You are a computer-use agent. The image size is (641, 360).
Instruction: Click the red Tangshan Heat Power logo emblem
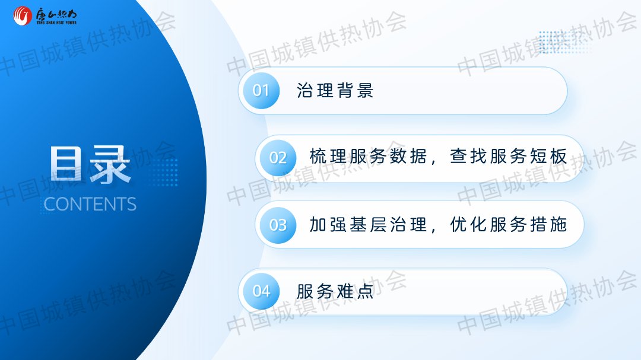[x=23, y=16]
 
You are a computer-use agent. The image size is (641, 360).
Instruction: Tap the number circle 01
[x=261, y=91]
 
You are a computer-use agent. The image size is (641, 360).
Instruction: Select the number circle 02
[x=278, y=158]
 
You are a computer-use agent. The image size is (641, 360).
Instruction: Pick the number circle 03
[x=278, y=225]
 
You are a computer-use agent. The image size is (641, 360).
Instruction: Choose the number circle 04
[x=261, y=291]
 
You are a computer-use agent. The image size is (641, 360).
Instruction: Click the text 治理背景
[x=335, y=91]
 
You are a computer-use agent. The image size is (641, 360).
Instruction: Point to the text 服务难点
[x=335, y=291]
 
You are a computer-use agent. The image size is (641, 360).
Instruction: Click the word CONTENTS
[x=90, y=204]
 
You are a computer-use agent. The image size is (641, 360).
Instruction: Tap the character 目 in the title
[x=66, y=164]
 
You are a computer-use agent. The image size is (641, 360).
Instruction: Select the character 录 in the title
[x=110, y=164]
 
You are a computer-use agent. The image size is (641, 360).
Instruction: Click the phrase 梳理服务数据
[x=369, y=157]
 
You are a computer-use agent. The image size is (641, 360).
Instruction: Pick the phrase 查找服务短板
[x=509, y=157]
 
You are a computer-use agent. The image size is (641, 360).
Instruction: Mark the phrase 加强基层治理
[x=369, y=225]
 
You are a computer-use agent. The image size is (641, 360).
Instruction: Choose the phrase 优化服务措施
[x=509, y=225]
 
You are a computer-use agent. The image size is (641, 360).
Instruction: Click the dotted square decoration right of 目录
[x=164, y=172]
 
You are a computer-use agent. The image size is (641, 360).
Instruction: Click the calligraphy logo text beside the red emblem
[x=56, y=14]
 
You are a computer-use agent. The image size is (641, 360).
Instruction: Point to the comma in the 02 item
[x=434, y=161]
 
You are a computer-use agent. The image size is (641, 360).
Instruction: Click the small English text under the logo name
[x=56, y=23]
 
